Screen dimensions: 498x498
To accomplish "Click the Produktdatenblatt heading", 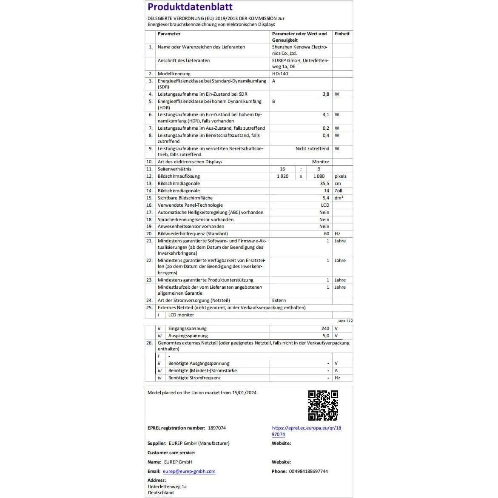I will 190,7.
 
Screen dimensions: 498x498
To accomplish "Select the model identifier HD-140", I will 280,74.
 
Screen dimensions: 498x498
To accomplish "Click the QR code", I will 323,405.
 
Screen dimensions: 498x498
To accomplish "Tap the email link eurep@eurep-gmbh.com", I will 189,472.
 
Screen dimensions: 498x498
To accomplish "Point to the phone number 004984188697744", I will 308,472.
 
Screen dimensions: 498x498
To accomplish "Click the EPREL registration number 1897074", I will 217,428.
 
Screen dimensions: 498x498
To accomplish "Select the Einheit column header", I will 342,34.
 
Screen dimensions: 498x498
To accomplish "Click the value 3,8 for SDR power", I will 326,94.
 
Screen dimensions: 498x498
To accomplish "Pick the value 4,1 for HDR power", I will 326,115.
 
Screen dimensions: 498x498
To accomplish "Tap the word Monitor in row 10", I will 321,162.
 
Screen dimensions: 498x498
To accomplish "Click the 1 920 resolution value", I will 282,176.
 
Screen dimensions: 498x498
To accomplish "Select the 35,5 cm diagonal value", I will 324,184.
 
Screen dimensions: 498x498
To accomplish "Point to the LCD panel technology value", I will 325,205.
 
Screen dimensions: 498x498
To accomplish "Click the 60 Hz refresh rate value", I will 327,234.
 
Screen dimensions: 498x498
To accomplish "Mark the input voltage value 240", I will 325,329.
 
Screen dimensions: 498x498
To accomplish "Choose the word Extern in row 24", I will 279,301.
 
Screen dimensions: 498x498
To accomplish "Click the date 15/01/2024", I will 244,393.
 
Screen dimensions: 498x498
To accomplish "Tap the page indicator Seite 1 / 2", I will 345,321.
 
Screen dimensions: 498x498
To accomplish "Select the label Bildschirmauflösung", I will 179,176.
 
